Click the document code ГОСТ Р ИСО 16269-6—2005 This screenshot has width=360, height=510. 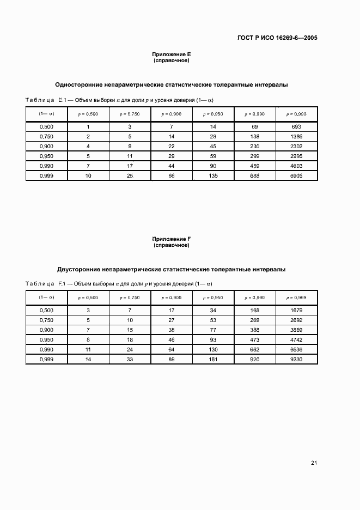click(x=278, y=38)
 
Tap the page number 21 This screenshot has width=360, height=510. click(x=314, y=463)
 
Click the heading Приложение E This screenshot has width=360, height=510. click(x=172, y=54)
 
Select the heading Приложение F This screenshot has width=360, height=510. click(x=172, y=239)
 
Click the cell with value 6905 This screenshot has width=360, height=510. click(x=296, y=176)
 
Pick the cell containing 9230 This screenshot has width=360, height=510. click(x=296, y=360)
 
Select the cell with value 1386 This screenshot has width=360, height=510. click(x=296, y=136)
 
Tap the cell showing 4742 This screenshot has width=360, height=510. click(x=296, y=340)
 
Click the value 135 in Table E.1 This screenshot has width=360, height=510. click(x=213, y=176)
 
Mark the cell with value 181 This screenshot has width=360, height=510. click(x=213, y=360)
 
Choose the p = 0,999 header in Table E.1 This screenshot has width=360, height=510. click(x=296, y=114)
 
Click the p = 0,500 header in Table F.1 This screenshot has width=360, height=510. click(x=88, y=298)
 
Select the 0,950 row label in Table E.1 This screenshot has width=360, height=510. click(x=46, y=156)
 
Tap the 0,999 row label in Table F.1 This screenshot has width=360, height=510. click(x=46, y=360)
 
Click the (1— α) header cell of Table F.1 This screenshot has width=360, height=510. click(x=46, y=297)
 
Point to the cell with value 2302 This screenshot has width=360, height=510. click(x=296, y=146)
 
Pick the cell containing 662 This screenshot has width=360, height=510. click(x=254, y=350)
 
